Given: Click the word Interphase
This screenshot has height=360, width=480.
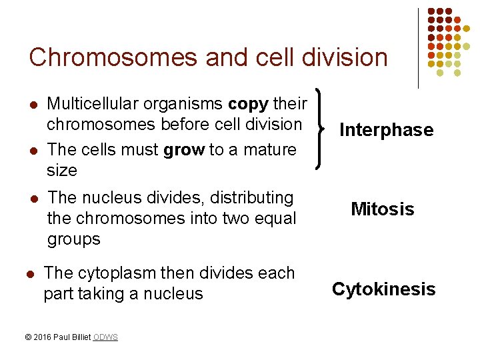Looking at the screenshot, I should [x=386, y=130].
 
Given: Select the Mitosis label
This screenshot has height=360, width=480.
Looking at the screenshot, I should [x=383, y=209].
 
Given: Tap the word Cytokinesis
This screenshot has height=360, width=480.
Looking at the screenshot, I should [x=383, y=289].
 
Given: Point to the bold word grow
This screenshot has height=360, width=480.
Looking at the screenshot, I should [x=184, y=149].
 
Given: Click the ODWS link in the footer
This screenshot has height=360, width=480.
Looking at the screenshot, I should [x=105, y=337].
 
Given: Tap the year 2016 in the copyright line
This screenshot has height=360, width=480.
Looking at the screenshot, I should [x=43, y=337].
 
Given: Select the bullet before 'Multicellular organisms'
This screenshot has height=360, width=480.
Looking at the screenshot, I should [x=33, y=105].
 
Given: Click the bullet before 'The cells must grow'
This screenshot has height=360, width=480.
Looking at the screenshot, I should [x=33, y=150].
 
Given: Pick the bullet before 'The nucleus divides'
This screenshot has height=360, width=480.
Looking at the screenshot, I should [x=33, y=198].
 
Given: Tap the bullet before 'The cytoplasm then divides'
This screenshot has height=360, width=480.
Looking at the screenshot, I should [x=29, y=273].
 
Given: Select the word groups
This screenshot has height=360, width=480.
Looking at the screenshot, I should [x=74, y=239].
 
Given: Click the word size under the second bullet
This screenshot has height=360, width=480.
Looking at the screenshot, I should [x=62, y=171].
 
